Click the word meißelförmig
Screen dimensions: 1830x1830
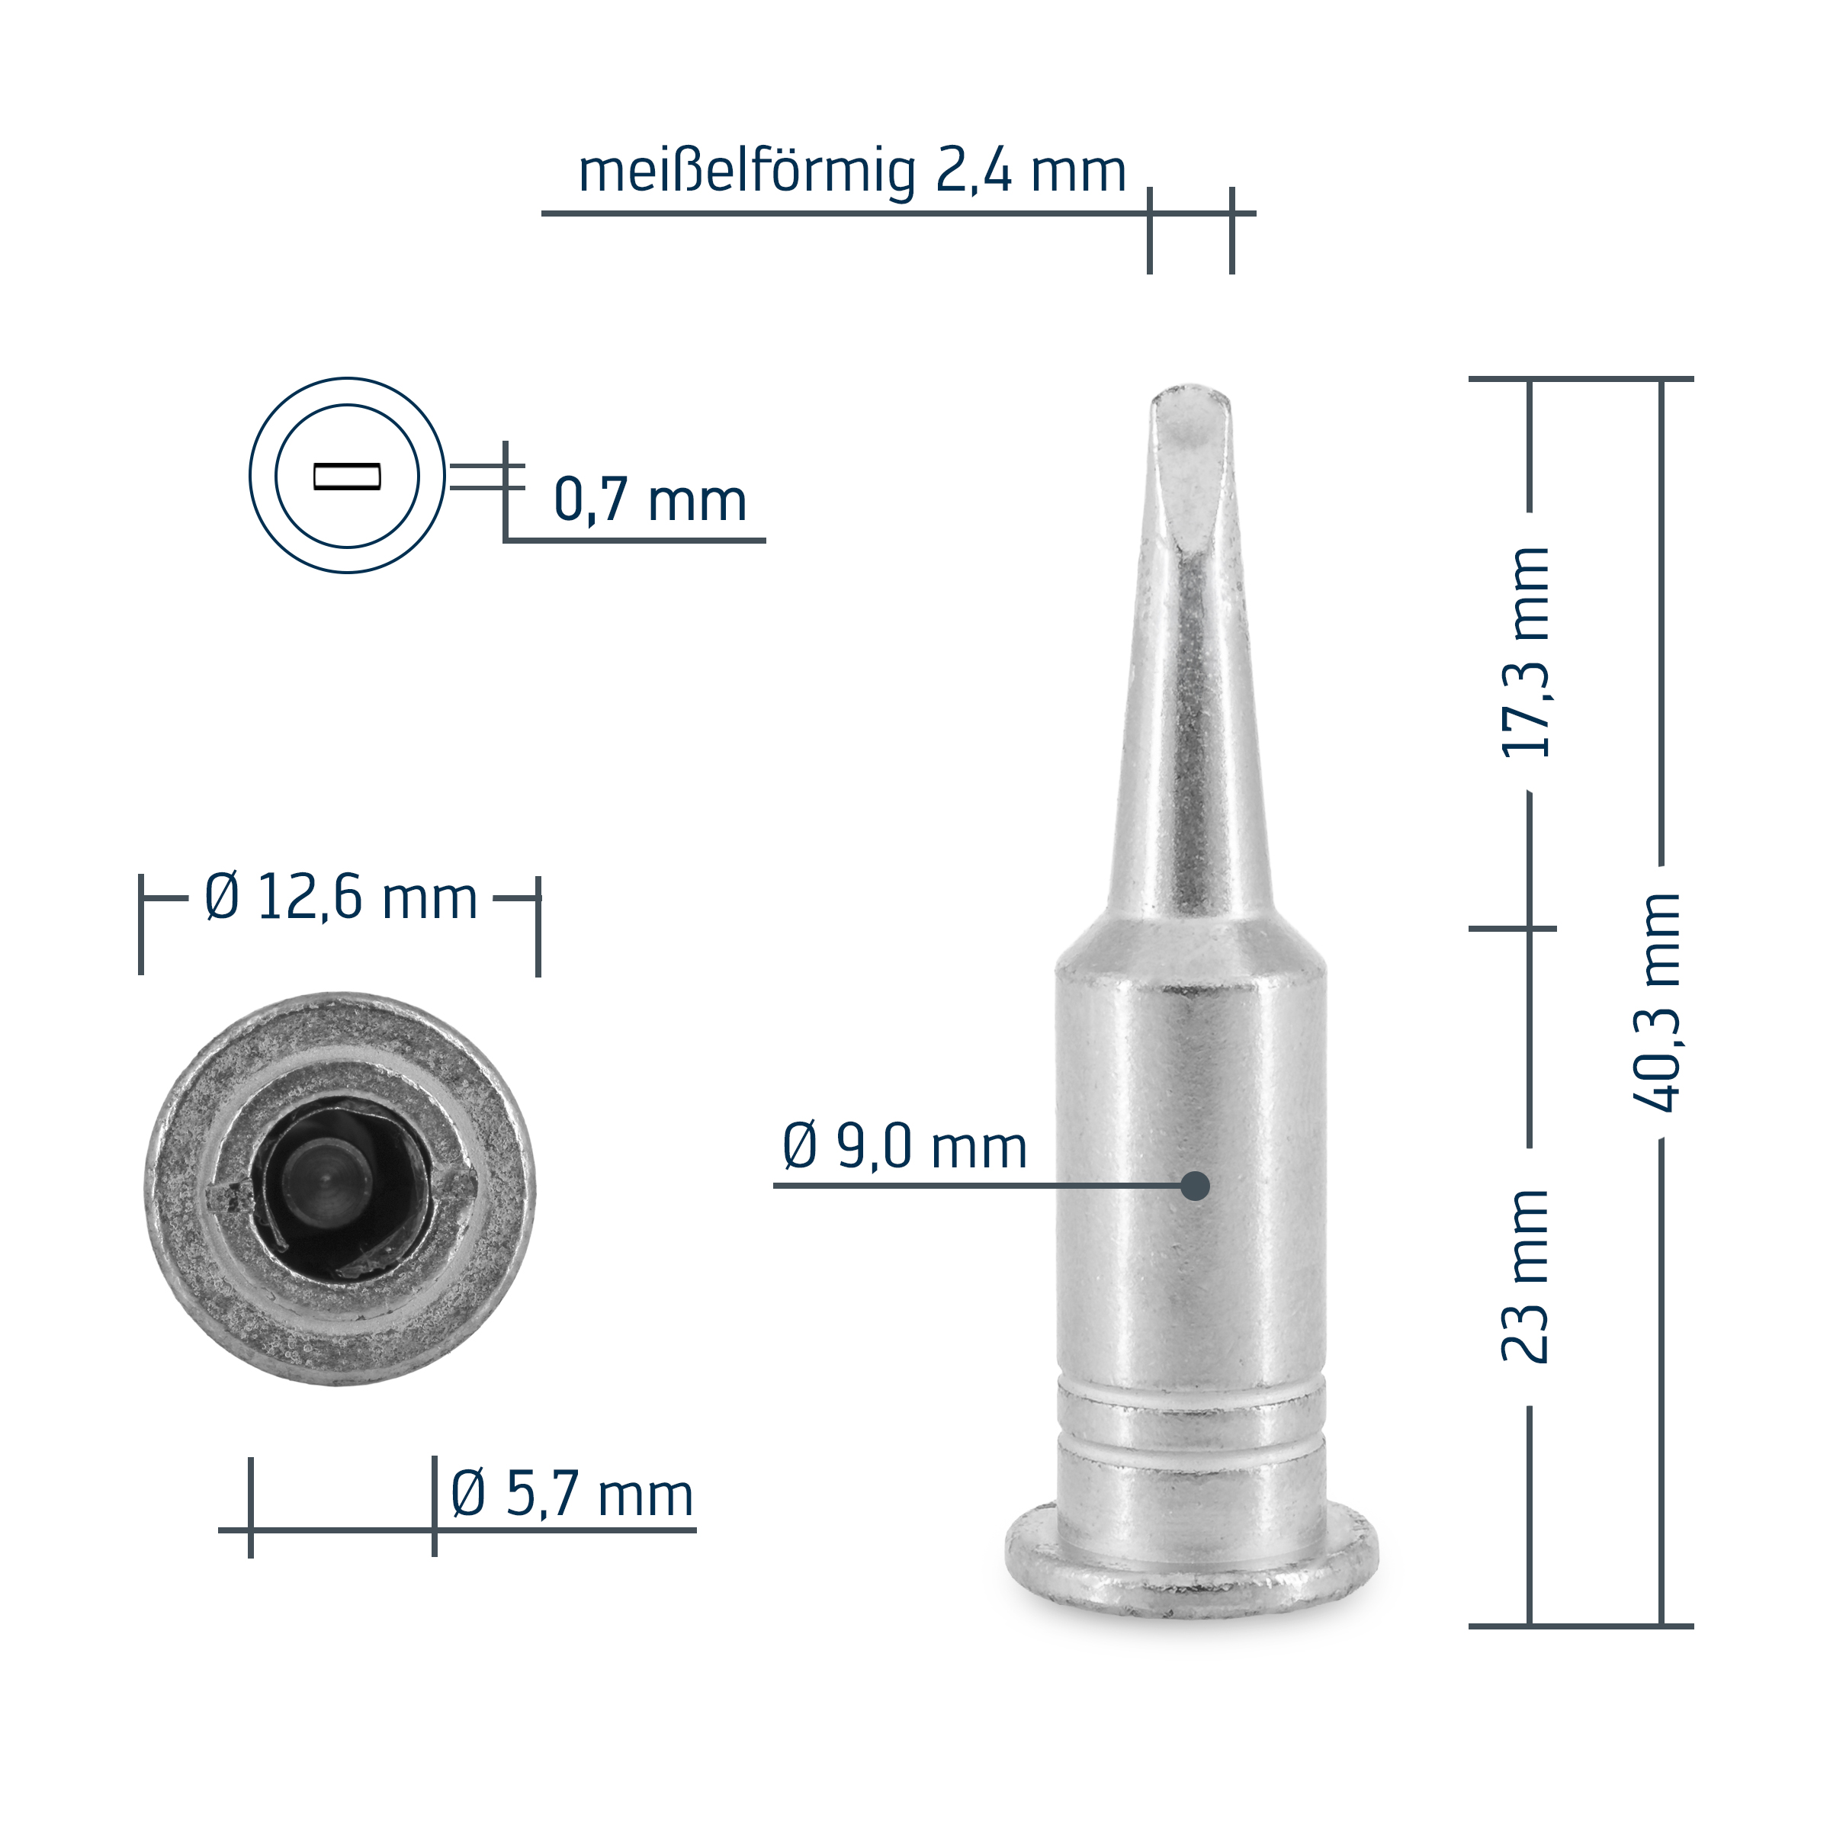[x=747, y=172]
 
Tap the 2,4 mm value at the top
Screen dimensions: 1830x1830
[x=1032, y=171]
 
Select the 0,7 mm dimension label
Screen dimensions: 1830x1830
[x=650, y=499]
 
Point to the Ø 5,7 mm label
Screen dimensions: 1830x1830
[x=572, y=1494]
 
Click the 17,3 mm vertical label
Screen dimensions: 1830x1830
[x=1525, y=652]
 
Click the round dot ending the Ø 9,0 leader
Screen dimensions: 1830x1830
[x=1196, y=1186]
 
